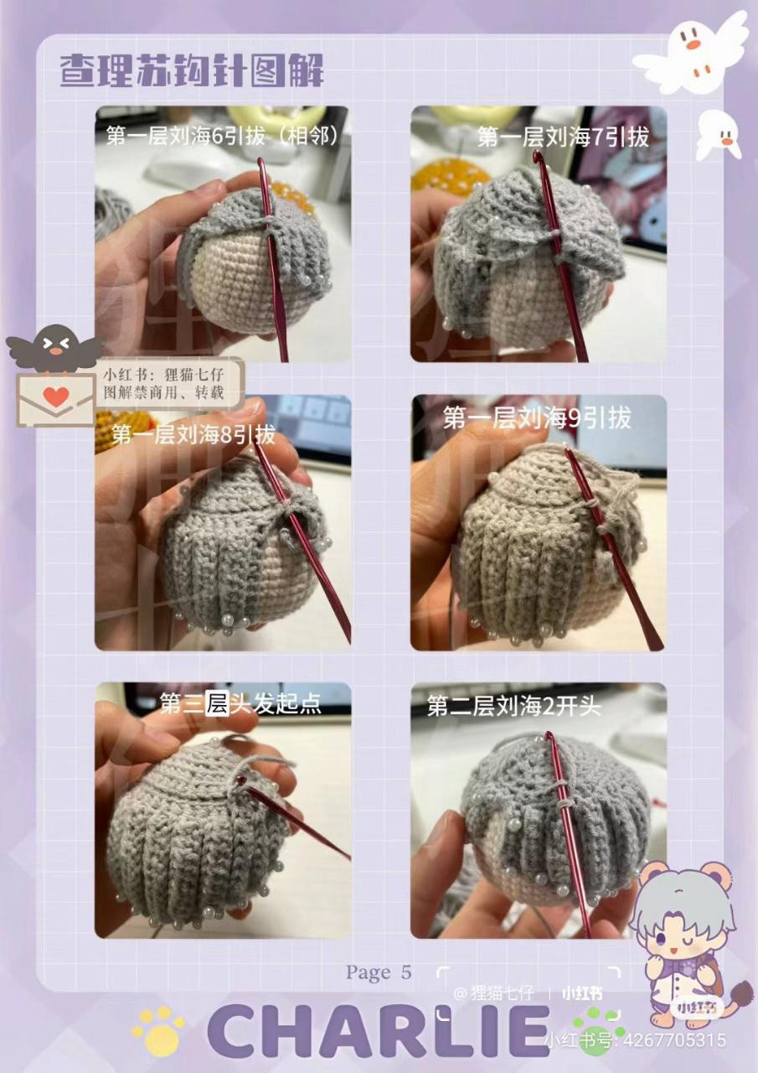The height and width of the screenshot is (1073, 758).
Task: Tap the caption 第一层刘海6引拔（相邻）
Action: click(x=223, y=136)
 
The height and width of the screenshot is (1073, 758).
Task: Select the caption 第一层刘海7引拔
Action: click(x=563, y=137)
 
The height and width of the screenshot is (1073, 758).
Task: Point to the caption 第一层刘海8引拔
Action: click(x=193, y=434)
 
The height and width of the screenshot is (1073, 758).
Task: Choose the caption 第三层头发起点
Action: click(x=240, y=702)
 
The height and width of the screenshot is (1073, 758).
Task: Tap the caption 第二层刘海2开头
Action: click(x=513, y=706)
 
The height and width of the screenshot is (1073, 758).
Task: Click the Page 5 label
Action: click(x=379, y=972)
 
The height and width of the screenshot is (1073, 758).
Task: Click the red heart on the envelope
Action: click(x=56, y=397)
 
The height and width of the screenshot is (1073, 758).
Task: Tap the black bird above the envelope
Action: click(x=55, y=346)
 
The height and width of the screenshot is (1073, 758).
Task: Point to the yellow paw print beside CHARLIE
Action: click(x=158, y=1030)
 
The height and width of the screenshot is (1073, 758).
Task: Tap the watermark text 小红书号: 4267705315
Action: click(x=634, y=1040)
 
